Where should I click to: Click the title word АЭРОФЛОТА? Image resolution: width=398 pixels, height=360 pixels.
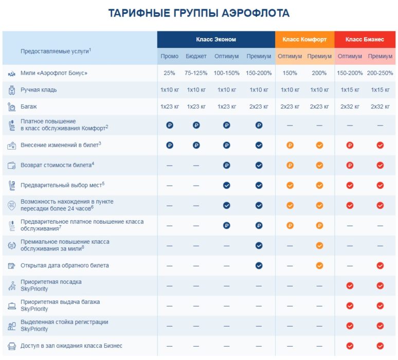coord(255,13)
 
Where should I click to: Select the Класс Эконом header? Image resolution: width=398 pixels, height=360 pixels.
coord(216,40)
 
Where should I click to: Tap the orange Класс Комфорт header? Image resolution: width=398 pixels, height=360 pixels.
coord(304,40)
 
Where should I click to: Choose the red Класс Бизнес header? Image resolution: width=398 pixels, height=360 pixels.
coord(365,40)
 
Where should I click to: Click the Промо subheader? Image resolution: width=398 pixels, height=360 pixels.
coord(169,56)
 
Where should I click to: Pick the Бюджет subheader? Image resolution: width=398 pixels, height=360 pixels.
coord(196,56)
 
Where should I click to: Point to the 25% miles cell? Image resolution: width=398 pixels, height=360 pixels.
coord(169,73)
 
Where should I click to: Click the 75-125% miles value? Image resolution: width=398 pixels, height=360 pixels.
coord(196,73)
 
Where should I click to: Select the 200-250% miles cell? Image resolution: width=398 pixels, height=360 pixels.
coord(380,73)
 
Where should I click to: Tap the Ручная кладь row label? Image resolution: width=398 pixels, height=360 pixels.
coord(39,90)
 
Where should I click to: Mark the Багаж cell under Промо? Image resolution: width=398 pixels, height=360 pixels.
coord(169,107)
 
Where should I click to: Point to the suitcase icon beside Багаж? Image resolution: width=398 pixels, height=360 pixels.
coord(11,107)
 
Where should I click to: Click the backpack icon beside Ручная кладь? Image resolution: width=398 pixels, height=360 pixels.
coord(11,90)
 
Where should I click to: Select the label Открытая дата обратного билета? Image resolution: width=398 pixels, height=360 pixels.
coord(64,266)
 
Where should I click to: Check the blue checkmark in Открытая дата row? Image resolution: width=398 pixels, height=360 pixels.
coord(259,266)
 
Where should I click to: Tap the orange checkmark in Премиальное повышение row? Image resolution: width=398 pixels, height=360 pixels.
coord(319,246)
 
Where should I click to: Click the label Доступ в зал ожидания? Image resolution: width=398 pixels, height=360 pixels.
coord(71,346)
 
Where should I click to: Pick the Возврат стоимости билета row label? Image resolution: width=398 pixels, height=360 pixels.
coord(57,165)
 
